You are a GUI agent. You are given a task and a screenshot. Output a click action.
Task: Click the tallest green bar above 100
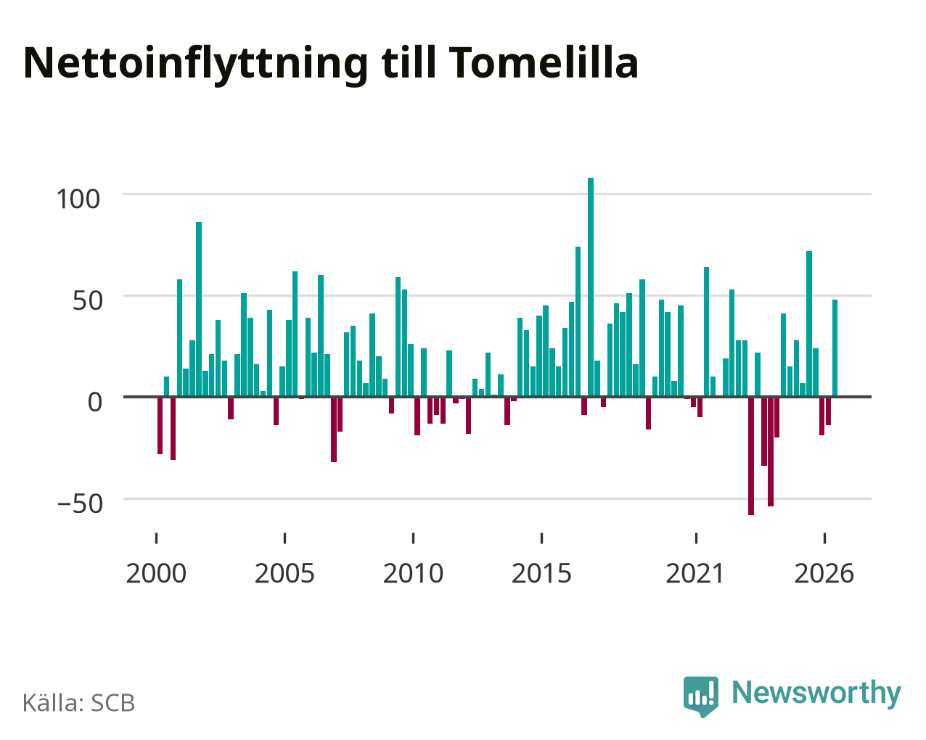coord(591,287)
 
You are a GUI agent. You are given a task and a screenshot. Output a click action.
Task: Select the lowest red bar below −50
coord(751,456)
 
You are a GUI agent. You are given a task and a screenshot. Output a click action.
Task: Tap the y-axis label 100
coord(78,200)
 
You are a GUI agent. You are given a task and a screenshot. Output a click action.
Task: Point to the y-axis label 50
coord(88,301)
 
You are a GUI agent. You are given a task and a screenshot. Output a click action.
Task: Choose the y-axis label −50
coord(81,503)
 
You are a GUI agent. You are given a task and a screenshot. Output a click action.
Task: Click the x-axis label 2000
coord(156,573)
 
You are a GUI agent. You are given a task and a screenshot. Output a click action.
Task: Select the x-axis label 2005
coord(284,573)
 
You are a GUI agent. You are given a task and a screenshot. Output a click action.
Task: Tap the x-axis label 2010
coord(413,573)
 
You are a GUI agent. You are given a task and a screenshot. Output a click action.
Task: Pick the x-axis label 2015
coord(541,573)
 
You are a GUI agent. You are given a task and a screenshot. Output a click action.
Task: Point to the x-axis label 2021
coord(695,573)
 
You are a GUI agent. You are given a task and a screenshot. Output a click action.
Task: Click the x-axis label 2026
coord(824,573)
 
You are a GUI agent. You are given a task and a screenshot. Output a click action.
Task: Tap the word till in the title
coord(409,62)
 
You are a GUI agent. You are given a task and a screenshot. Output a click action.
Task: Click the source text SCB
coord(113,703)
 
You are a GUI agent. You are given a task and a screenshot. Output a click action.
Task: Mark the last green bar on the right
coord(835,348)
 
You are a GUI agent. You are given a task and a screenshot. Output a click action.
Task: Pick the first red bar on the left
coord(160,425)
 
